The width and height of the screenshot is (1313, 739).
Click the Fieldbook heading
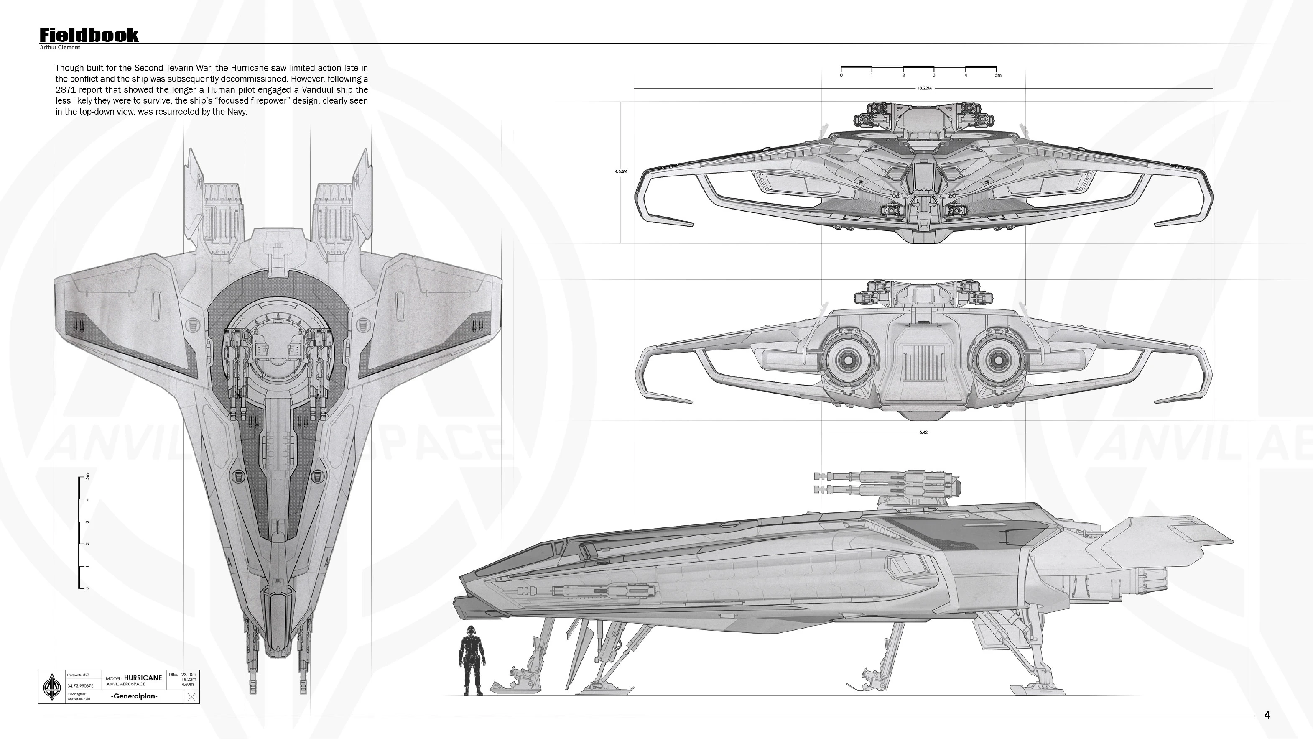point(89,35)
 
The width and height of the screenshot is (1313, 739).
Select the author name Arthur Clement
point(60,47)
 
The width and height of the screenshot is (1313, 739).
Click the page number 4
point(1267,716)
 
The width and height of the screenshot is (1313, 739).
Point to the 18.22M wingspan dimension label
point(923,88)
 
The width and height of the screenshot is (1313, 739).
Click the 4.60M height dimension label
point(620,171)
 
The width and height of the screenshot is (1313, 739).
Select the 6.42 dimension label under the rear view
point(923,432)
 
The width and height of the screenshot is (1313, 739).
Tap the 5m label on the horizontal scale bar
point(998,75)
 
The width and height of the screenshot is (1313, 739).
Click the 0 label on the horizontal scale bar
point(841,75)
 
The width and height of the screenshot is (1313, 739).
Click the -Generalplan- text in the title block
point(135,696)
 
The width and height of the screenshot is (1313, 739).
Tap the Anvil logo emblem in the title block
point(51,686)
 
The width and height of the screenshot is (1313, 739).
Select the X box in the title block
point(191,697)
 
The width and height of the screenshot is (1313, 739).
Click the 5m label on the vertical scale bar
point(87,477)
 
